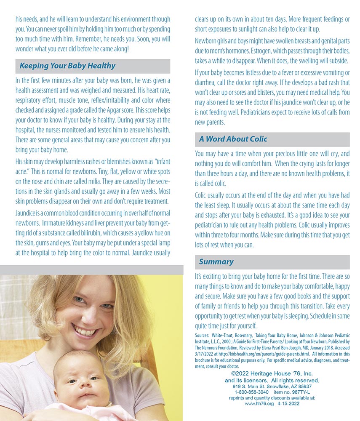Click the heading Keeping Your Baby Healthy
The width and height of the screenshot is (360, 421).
click(x=67, y=66)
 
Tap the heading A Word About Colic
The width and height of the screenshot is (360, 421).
click(x=233, y=139)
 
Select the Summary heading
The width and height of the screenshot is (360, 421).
click(x=216, y=262)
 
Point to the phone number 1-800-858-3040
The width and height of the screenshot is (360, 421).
click(x=251, y=392)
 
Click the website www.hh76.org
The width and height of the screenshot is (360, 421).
click(x=259, y=403)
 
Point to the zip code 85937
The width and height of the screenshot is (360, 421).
click(x=303, y=386)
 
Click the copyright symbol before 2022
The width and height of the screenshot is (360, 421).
click(x=233, y=374)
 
